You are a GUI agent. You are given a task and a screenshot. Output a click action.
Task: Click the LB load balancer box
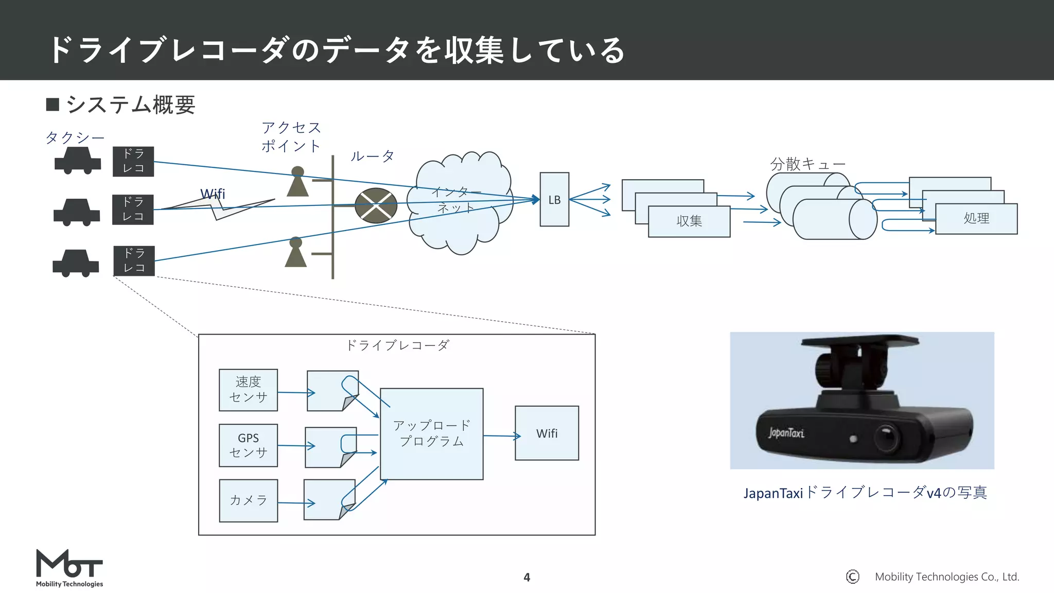(x=554, y=200)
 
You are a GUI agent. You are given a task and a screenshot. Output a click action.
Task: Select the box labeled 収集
(x=689, y=221)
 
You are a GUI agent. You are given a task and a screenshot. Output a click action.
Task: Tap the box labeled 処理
(x=976, y=219)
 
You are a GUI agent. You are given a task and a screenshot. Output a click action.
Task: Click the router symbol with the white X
(x=376, y=205)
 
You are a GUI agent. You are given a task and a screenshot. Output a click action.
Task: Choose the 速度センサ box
(x=248, y=390)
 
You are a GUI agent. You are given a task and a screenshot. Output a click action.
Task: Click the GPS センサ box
(x=248, y=445)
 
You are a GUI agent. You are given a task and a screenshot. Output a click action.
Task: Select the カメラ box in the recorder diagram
(x=248, y=500)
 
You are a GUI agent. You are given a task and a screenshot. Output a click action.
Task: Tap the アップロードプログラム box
(x=431, y=433)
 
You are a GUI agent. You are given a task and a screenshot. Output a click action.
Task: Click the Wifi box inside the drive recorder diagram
(x=547, y=433)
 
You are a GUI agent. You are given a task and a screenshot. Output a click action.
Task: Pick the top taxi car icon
(x=78, y=161)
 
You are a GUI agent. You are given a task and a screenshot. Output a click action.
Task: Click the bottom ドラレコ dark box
(x=134, y=260)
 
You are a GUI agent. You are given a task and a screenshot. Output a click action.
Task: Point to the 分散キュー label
(x=807, y=164)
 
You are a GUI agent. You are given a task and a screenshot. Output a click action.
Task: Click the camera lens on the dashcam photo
(x=886, y=437)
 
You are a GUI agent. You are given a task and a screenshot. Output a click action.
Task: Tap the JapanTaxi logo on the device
(x=786, y=433)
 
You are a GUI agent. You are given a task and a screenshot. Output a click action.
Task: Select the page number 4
(x=526, y=578)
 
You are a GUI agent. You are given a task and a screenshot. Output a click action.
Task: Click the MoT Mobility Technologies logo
(x=69, y=568)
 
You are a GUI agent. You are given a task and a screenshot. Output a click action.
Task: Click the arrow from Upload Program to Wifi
(x=502, y=437)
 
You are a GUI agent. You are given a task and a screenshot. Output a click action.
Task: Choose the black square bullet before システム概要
(x=52, y=104)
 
